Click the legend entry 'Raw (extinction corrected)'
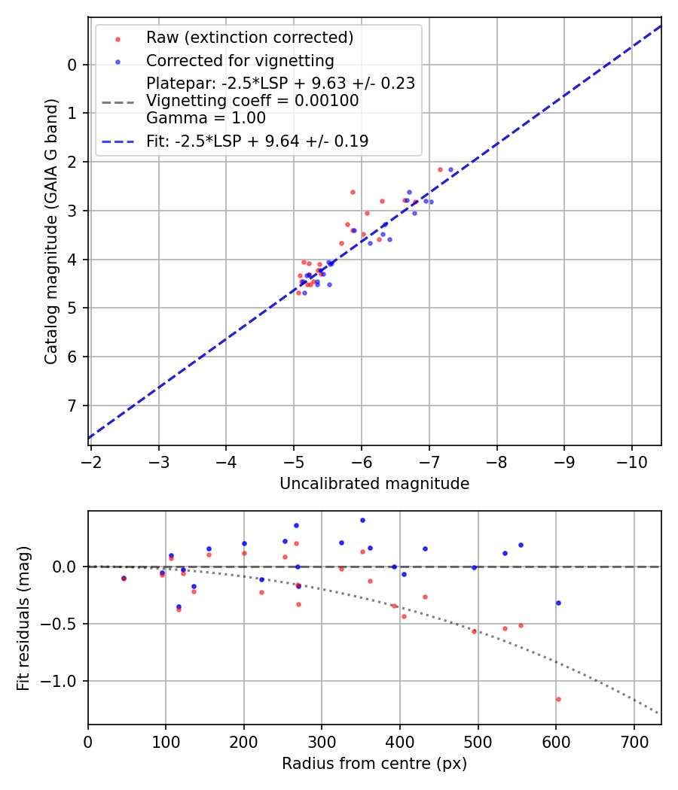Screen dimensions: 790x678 click(249, 38)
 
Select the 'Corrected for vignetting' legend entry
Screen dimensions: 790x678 click(240, 60)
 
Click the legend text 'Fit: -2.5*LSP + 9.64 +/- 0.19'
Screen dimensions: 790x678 click(257, 141)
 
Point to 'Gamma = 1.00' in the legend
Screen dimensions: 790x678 click(206, 117)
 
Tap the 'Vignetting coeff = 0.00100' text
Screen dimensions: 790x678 click(252, 101)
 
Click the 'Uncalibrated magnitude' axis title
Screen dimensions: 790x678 click(374, 484)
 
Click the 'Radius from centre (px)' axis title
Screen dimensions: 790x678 click(374, 764)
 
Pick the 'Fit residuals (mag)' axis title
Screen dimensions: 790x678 click(23, 618)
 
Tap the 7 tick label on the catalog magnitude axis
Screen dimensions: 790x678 click(72, 406)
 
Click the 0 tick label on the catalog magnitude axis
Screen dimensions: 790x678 click(72, 65)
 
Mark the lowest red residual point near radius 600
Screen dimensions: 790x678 click(558, 699)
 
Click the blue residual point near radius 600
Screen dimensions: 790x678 click(558, 603)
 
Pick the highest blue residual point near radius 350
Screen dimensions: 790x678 click(362, 520)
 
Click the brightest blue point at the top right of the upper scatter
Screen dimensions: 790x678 click(451, 170)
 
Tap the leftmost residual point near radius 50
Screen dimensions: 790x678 click(124, 579)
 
